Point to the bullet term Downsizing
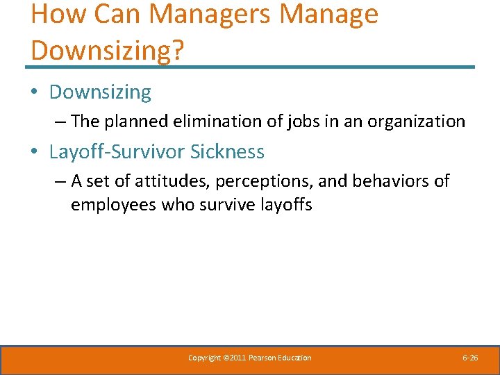[x=100, y=92]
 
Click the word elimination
[x=212, y=122]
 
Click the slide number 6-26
[x=470, y=358]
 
